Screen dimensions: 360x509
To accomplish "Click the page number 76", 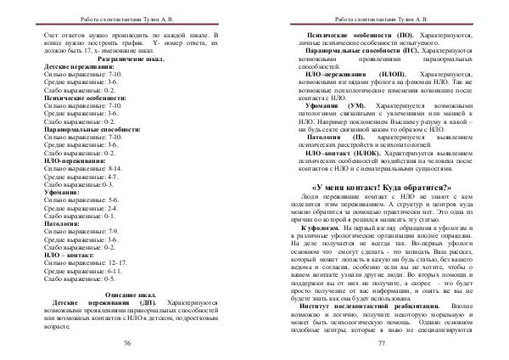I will click(127, 341).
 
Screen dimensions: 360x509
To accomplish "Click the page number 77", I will click(382, 341).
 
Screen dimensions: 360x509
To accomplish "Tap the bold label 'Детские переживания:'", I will click(77, 67).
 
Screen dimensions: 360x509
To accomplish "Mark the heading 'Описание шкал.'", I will click(127, 293).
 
